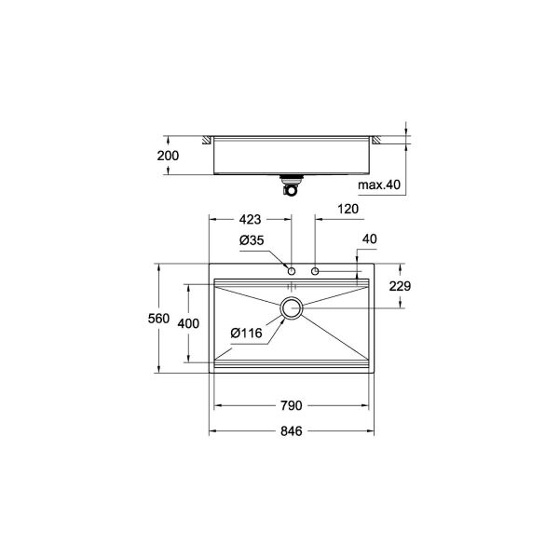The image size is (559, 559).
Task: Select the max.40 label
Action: (x=380, y=185)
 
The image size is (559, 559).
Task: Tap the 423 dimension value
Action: (x=250, y=222)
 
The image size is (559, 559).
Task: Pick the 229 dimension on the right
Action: (x=400, y=286)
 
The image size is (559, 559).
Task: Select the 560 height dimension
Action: (x=158, y=319)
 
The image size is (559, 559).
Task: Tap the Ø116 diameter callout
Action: (x=244, y=333)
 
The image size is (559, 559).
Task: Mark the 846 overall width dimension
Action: (x=292, y=432)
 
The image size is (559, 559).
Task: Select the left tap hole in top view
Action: (x=292, y=271)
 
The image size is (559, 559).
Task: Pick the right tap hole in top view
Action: (x=317, y=271)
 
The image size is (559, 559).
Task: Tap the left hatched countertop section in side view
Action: (x=206, y=140)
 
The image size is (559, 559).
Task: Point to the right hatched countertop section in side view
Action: (x=378, y=140)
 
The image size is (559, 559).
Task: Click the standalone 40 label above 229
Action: (x=370, y=239)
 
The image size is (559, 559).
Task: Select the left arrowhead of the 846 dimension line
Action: (x=211, y=432)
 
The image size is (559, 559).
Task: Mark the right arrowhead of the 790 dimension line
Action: (x=366, y=405)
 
